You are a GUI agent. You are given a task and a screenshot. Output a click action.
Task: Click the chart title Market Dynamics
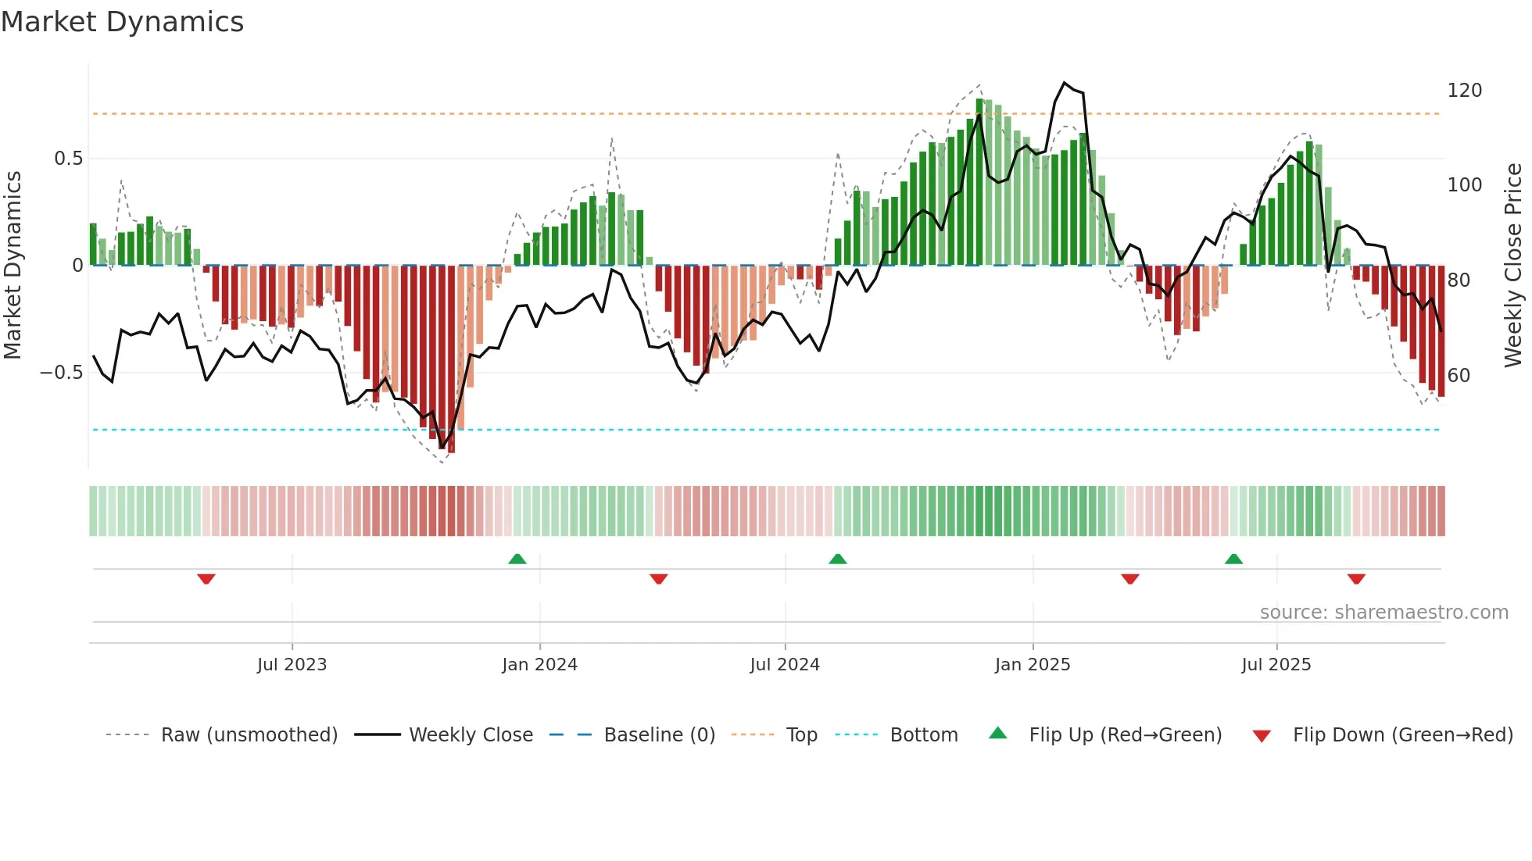[123, 22]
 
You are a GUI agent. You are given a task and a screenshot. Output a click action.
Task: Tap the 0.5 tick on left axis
[68, 159]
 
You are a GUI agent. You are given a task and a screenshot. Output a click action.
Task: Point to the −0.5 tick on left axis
[62, 373]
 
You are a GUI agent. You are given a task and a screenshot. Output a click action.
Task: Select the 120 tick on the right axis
[1464, 91]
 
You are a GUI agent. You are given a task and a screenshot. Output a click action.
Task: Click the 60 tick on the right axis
[1459, 376]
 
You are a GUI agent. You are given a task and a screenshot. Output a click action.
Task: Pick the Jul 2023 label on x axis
[292, 665]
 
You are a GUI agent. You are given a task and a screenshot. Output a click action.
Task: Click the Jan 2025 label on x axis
[1032, 665]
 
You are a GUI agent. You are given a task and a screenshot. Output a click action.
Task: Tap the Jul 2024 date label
[784, 665]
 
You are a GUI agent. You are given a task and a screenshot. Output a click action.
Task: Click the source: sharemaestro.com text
[1383, 613]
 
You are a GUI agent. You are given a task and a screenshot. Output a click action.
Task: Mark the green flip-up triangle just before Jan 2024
[517, 559]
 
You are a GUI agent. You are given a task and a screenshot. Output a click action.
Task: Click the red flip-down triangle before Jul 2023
[206, 579]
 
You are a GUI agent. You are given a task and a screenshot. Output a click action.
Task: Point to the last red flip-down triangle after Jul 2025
[1356, 579]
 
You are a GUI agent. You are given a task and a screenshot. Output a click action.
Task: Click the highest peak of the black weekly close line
[1064, 83]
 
